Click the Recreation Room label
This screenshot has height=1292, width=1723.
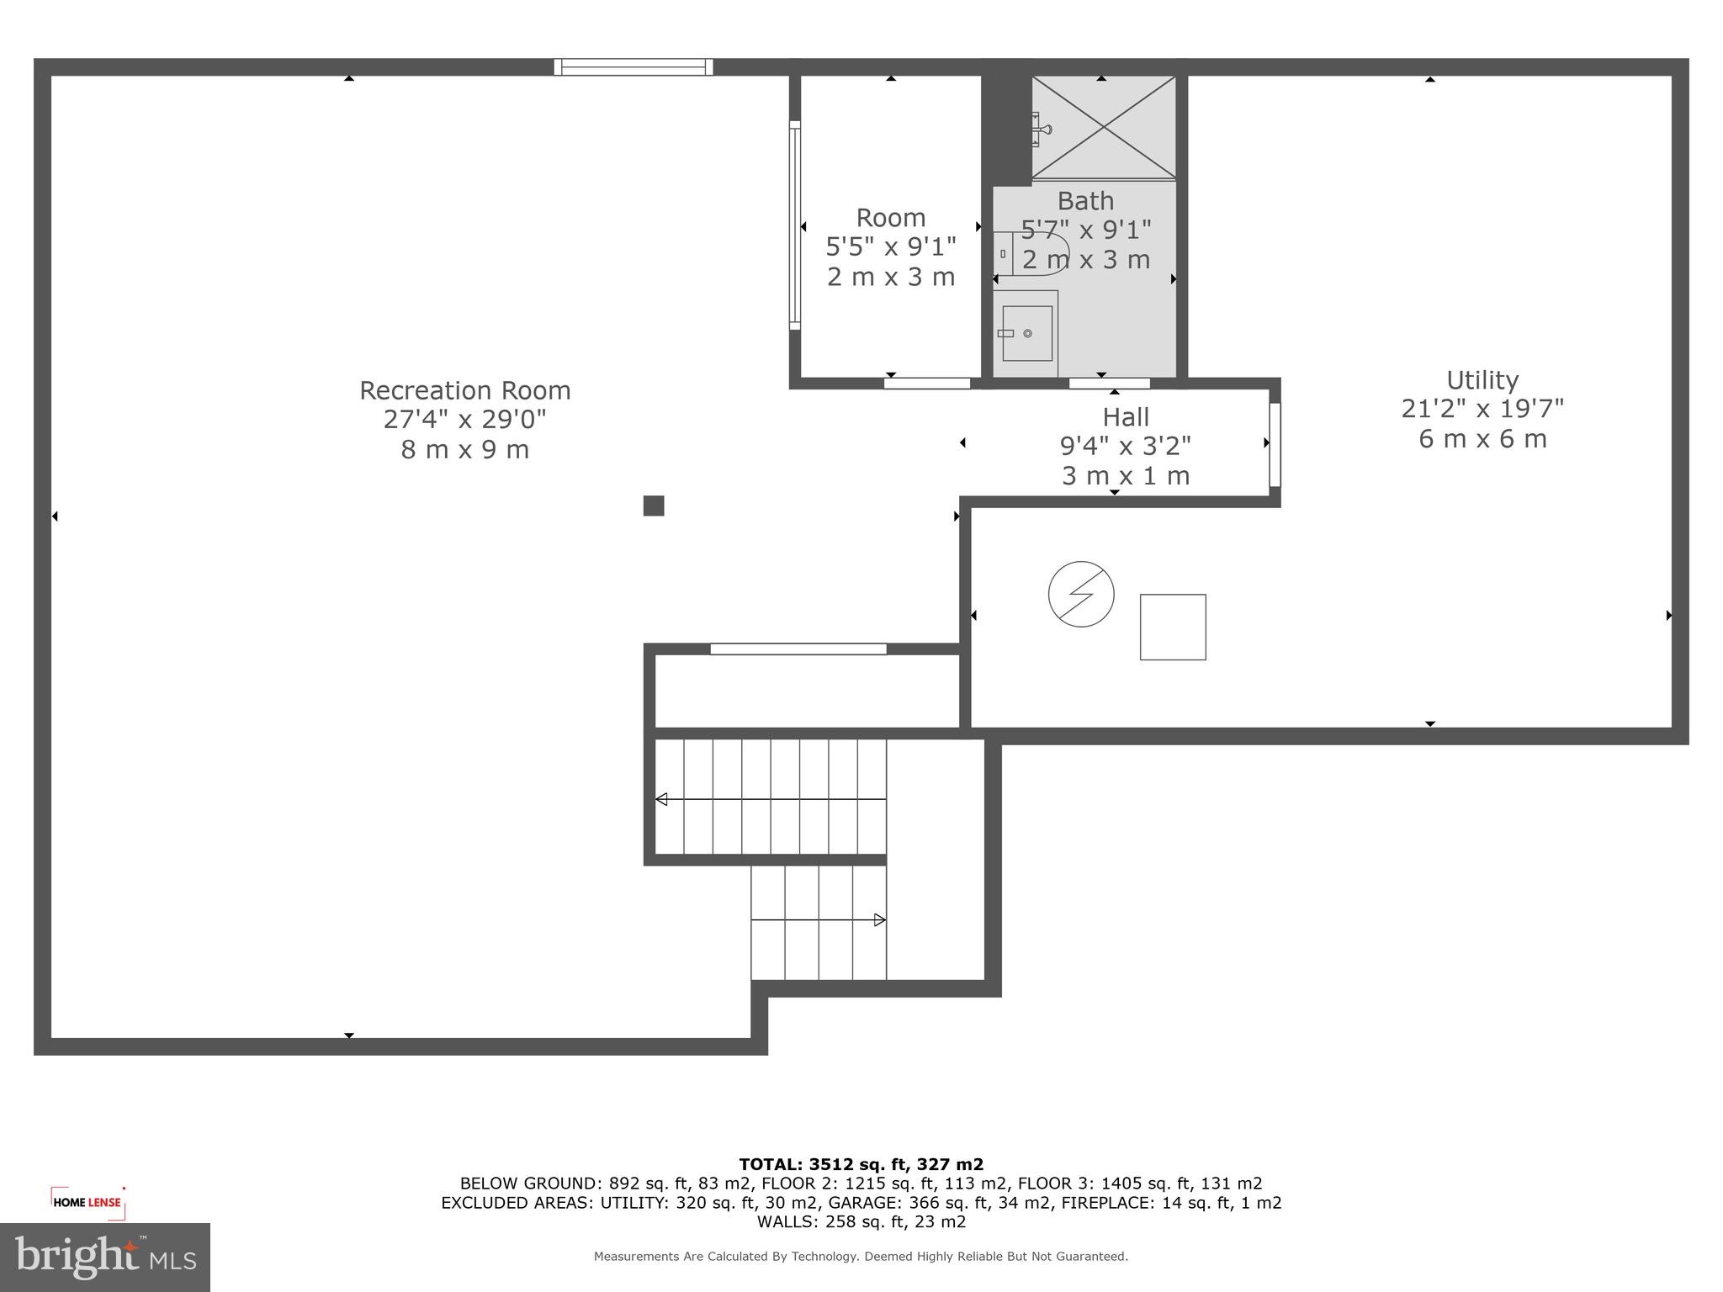pyautogui.click(x=464, y=390)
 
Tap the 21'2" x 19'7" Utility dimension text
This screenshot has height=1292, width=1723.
pyautogui.click(x=1482, y=409)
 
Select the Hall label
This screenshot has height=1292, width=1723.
pyautogui.click(x=1125, y=417)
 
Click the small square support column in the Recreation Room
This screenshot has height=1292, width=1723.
pyautogui.click(x=654, y=506)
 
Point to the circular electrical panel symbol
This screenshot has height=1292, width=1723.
pyautogui.click(x=1081, y=594)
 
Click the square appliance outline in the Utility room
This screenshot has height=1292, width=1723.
pyautogui.click(x=1173, y=627)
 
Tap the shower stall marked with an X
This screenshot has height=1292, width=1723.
pyautogui.click(x=1104, y=127)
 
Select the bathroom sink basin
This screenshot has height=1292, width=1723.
pyautogui.click(x=1027, y=333)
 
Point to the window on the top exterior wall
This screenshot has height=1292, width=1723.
pyautogui.click(x=634, y=67)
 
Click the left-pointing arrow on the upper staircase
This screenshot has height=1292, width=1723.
pyautogui.click(x=662, y=799)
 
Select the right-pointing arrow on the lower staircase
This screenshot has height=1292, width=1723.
pyautogui.click(x=879, y=920)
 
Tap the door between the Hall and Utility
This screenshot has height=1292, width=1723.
pyautogui.click(x=1275, y=444)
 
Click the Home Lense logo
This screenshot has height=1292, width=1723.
pyautogui.click(x=87, y=1202)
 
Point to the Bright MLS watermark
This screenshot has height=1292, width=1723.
pyautogui.click(x=104, y=1257)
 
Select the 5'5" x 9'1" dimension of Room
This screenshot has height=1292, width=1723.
pyautogui.click(x=890, y=247)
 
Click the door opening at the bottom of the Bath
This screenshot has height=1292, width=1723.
pyautogui.click(x=1109, y=384)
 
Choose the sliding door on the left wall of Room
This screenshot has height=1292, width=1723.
pyautogui.click(x=794, y=225)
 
